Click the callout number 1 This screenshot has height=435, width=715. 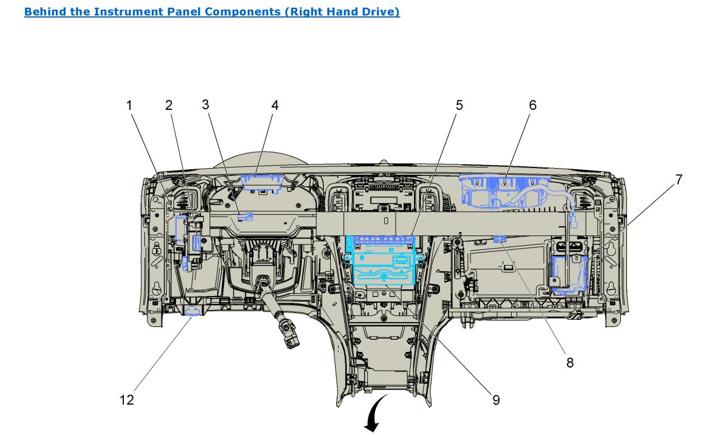[129, 105]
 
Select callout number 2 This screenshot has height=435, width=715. [168, 105]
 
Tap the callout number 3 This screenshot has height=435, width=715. [206, 104]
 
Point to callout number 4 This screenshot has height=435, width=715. [275, 105]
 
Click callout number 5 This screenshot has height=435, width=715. [459, 105]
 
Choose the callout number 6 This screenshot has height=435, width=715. [532, 105]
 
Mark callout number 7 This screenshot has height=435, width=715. [678, 179]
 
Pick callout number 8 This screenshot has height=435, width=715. [570, 363]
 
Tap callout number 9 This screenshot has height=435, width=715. [496, 400]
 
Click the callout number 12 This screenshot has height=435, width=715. [127, 400]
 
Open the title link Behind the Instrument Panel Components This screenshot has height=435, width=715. [212, 12]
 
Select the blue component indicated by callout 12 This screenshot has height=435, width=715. [194, 312]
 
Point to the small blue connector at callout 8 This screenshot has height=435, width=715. [500, 238]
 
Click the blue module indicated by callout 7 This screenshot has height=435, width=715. [569, 274]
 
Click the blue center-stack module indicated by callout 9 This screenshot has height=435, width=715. [382, 267]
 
